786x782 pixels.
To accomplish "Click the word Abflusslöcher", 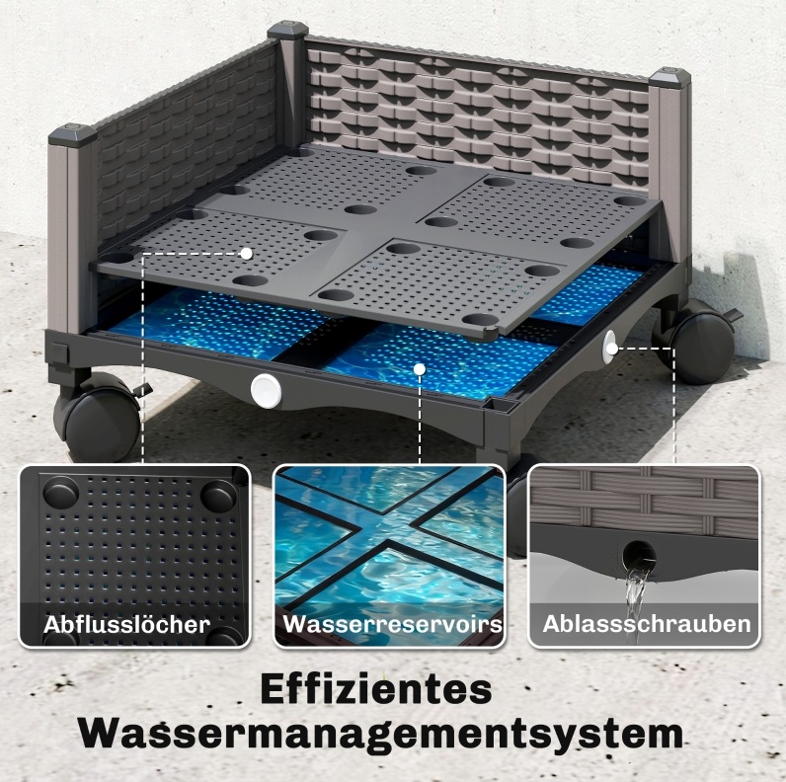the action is point(126,625).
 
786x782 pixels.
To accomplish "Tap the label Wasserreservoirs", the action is point(392,624).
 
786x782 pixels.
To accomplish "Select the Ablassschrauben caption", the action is point(646,624).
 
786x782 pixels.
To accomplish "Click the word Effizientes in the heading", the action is point(376,690).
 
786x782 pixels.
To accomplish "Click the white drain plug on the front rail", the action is point(266,391).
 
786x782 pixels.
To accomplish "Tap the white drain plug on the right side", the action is point(610,343).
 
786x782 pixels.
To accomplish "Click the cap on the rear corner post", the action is point(287,30).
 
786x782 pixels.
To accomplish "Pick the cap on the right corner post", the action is point(670,77).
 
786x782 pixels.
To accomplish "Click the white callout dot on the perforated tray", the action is point(246,254).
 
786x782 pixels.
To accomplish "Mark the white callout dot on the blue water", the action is point(420,369).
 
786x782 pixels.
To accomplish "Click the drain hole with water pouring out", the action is point(639,556).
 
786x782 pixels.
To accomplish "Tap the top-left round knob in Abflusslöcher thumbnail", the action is point(60,493).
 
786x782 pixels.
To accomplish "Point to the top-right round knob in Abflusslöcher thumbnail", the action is point(218,496).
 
